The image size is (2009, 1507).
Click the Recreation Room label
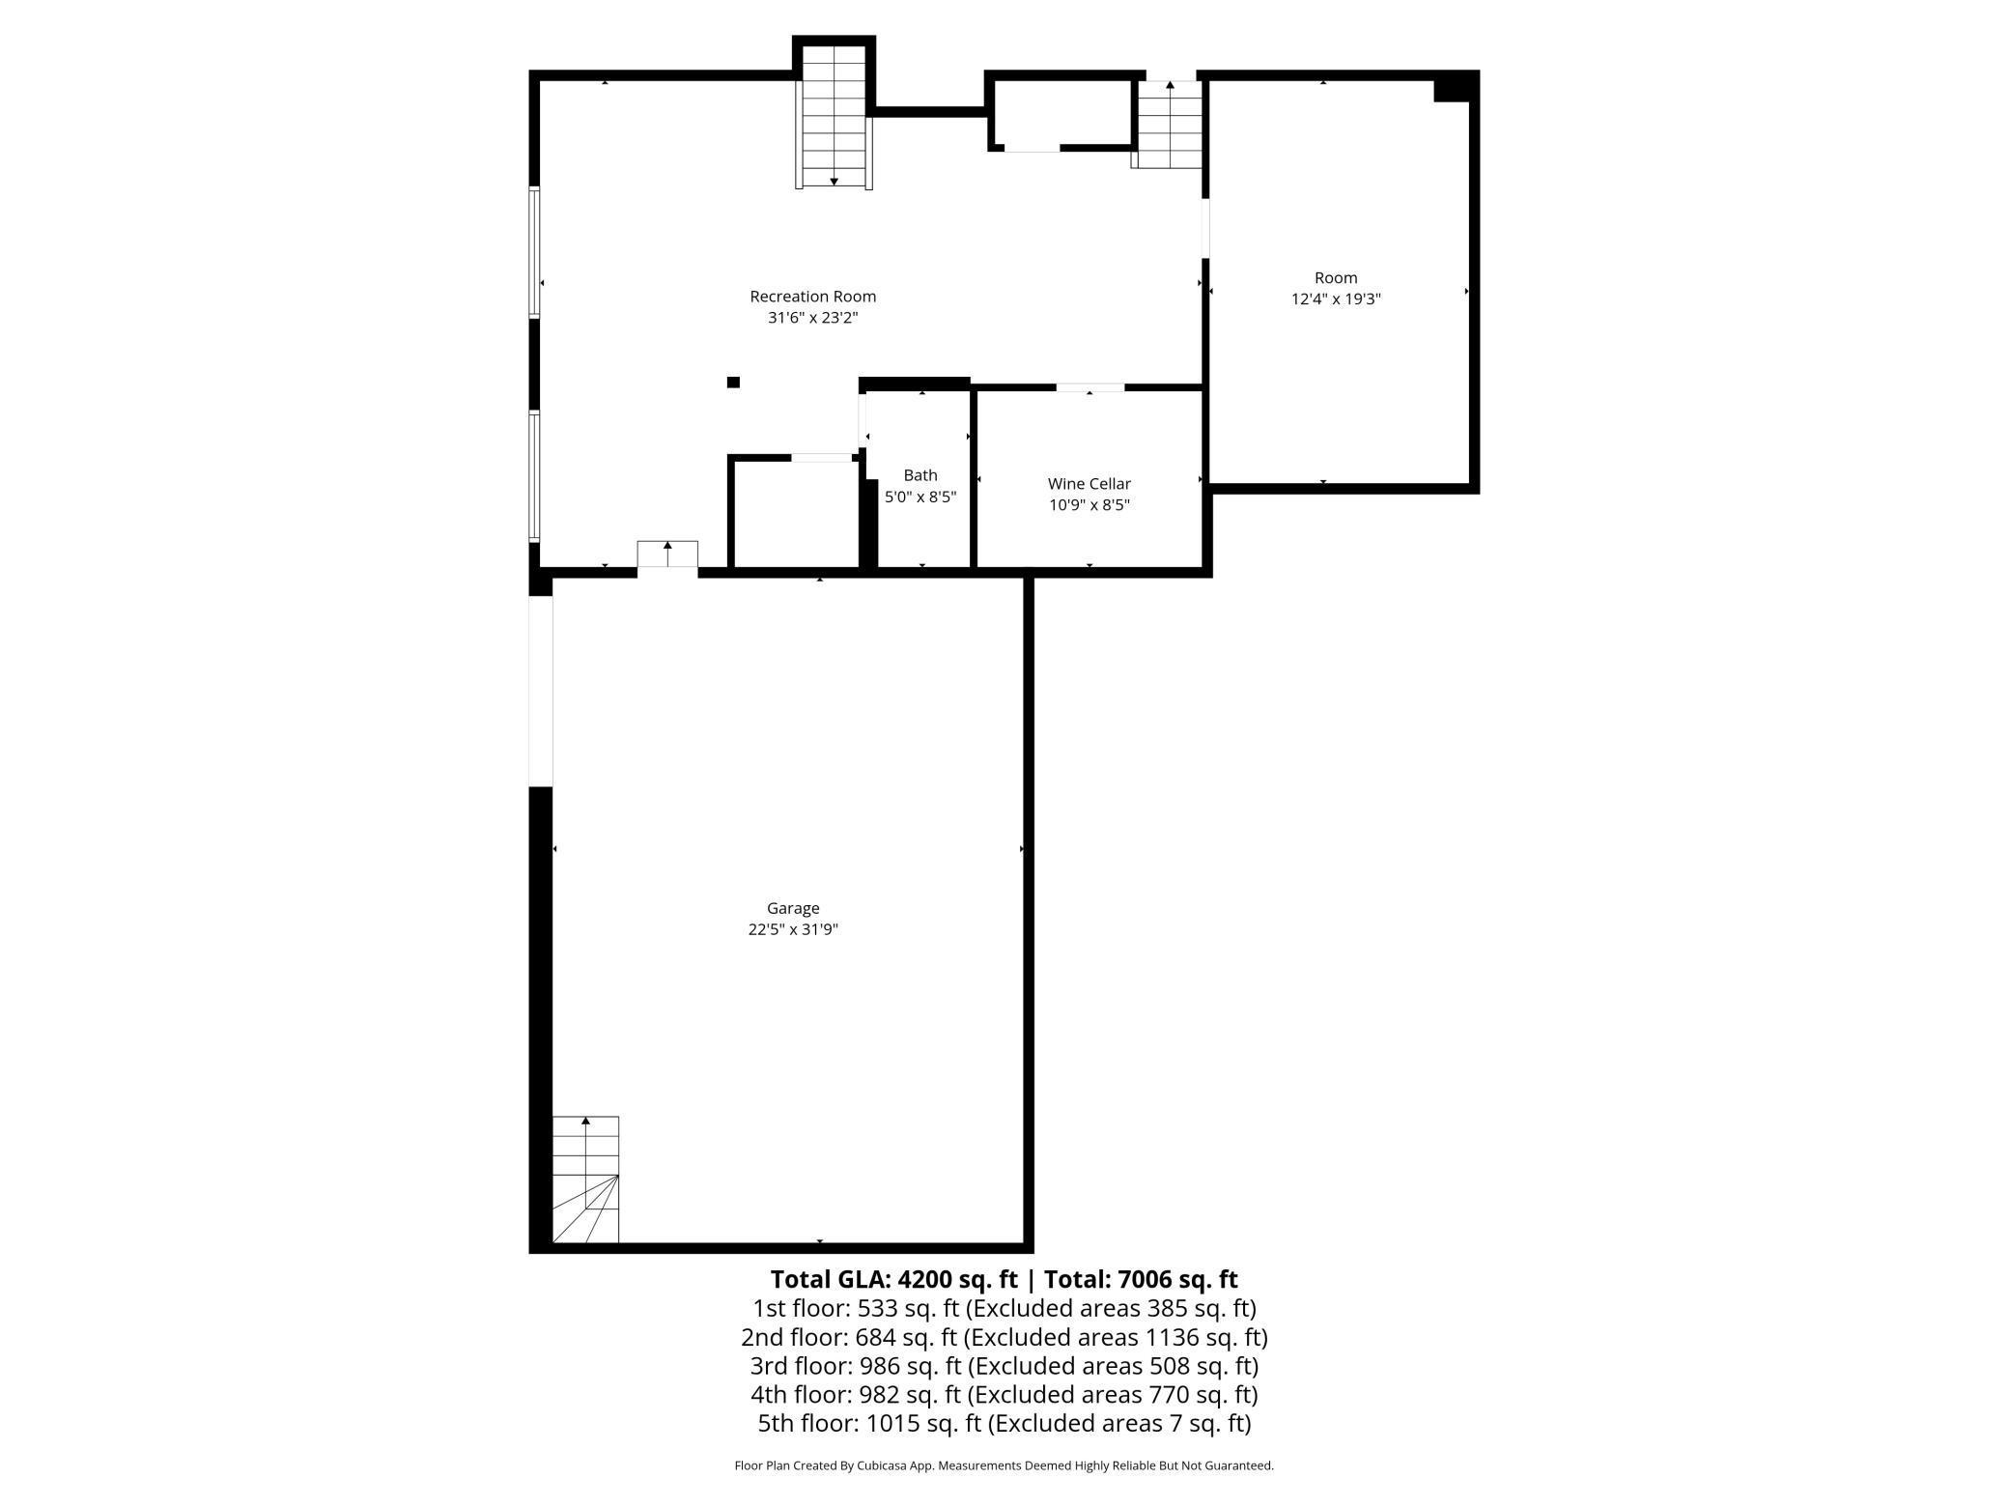812,297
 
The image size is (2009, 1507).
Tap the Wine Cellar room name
1089,484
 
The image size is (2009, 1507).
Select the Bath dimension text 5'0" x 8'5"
920,497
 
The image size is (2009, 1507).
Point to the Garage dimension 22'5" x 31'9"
793,929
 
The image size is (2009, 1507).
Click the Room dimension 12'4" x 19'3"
1336,299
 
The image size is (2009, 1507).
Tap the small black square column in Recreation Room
733,383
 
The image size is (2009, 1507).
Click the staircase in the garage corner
585,1180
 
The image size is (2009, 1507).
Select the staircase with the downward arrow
835,116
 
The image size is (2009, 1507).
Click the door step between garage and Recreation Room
667,555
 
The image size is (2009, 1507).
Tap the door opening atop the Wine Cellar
1089,387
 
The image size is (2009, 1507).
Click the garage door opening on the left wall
541,691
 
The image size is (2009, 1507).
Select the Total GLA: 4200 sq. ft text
893,1279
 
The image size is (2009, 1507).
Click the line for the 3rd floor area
1004,1366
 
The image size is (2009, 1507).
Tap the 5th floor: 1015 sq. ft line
1004,1423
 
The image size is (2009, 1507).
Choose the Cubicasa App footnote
1004,1465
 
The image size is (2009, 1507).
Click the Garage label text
793,908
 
